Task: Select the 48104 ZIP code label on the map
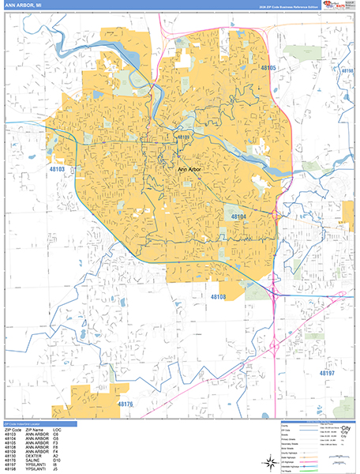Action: coord(239,216)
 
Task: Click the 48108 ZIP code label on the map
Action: coord(218,296)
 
